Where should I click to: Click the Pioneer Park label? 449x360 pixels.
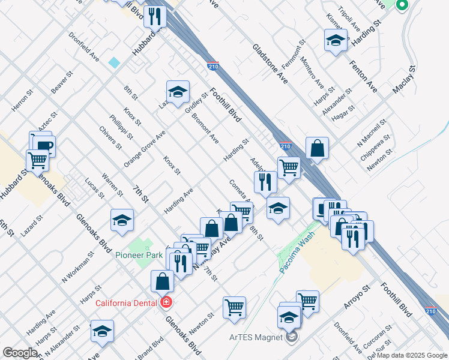[x=139, y=255]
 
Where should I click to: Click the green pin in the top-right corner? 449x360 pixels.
[x=402, y=5]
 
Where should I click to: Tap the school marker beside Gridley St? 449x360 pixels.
[x=178, y=92]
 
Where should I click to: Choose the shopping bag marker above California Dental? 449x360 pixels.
[x=163, y=280]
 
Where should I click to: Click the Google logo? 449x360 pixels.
[x=20, y=353]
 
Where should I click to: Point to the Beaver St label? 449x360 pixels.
[x=61, y=83]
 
